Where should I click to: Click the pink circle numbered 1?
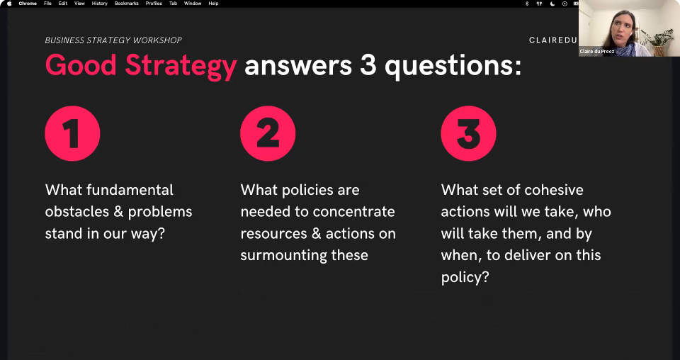click(72, 134)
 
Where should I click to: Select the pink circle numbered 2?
click(268, 134)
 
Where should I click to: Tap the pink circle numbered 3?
click(468, 134)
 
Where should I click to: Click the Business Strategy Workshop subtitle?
click(113, 40)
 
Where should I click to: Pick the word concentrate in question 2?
click(353, 212)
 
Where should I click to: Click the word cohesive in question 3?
click(554, 190)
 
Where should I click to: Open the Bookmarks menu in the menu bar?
click(127, 4)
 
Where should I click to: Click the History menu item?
click(99, 4)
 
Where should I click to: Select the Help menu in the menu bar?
click(213, 4)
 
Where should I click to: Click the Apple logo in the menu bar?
click(9, 4)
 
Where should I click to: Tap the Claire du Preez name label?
click(596, 52)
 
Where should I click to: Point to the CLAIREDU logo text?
click(553, 40)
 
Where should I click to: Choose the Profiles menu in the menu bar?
click(154, 4)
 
